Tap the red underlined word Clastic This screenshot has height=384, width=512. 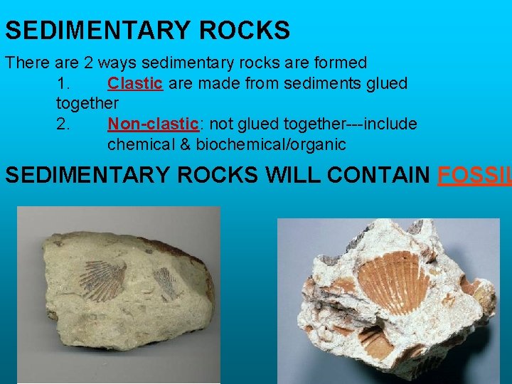(x=135, y=83)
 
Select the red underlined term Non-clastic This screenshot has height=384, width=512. (x=153, y=124)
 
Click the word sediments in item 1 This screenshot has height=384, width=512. (x=314, y=83)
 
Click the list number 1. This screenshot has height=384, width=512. (x=63, y=83)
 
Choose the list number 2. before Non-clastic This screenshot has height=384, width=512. (x=63, y=124)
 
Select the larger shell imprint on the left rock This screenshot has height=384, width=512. (x=102, y=280)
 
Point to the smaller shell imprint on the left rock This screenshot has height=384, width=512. (x=166, y=282)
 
